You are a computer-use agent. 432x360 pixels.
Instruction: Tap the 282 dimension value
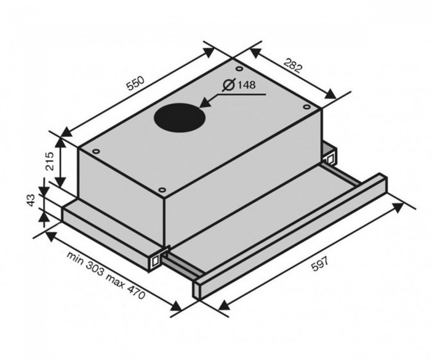(x=292, y=66)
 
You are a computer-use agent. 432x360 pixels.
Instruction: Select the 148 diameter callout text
(x=246, y=85)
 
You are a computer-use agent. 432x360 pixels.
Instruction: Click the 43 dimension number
(x=32, y=200)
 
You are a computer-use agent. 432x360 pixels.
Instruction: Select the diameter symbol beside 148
(x=229, y=85)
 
